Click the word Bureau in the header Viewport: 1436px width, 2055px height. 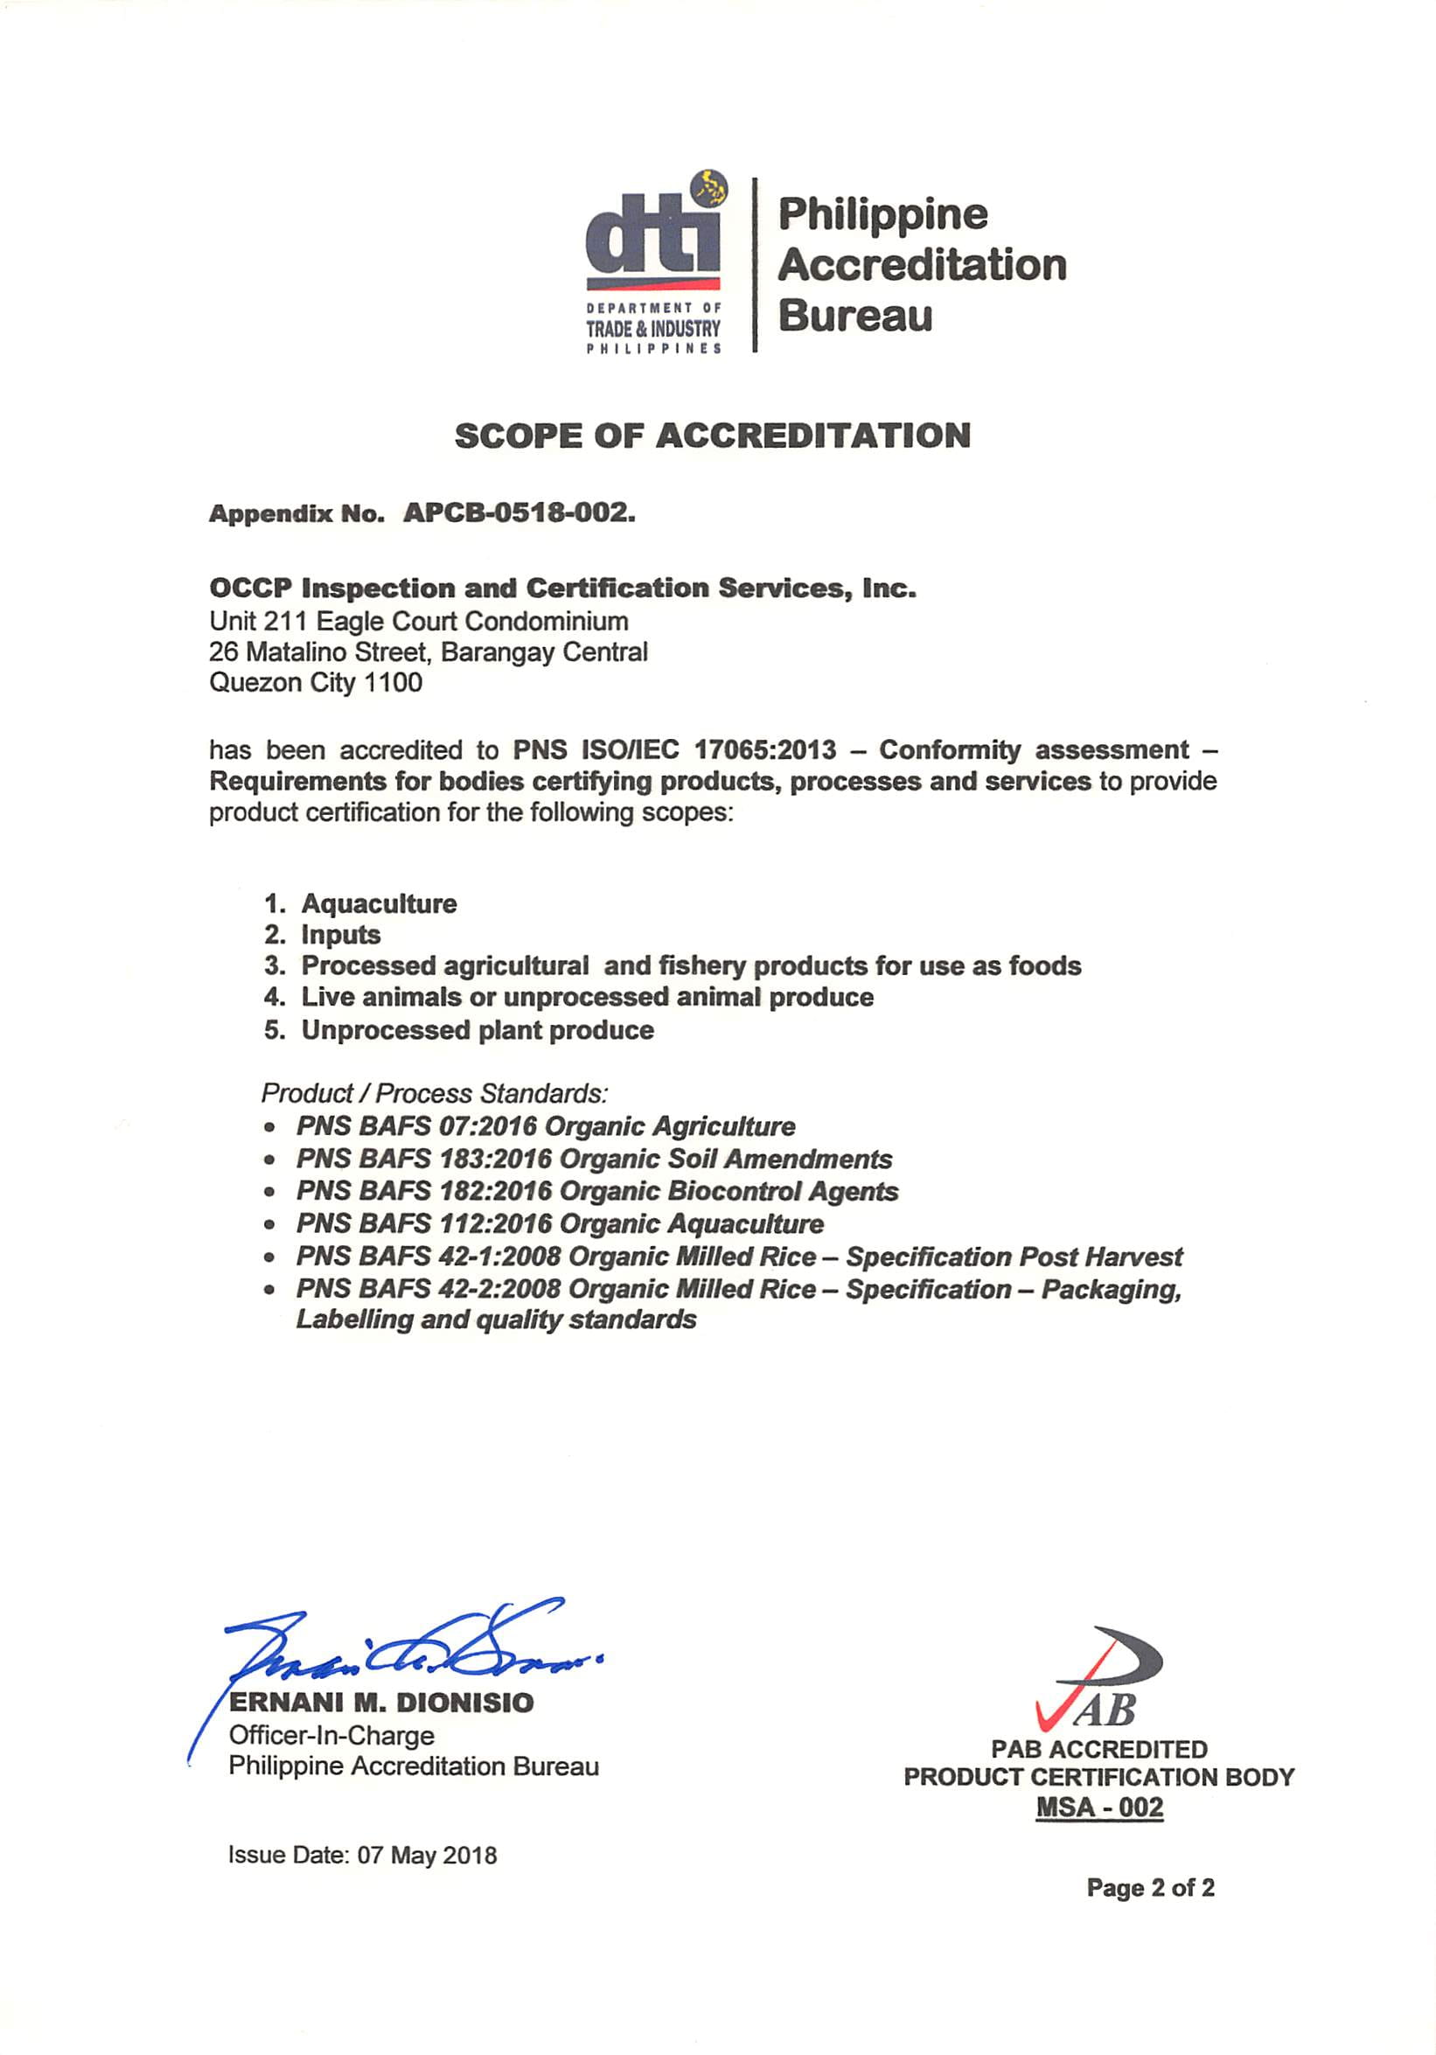point(855,316)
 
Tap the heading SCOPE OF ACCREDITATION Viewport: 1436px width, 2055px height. point(712,435)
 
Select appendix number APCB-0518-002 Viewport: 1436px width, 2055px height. point(519,512)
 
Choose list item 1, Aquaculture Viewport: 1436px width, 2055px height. point(379,903)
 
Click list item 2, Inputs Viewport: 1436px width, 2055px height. point(340,935)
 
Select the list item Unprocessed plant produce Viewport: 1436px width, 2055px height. point(478,1029)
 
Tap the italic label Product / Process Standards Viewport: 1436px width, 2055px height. point(434,1093)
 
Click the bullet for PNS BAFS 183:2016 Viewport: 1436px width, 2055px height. point(268,1160)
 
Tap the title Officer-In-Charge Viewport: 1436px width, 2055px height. point(331,1735)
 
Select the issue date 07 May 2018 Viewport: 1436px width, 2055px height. point(427,1855)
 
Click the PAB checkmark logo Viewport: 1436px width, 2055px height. point(1098,1679)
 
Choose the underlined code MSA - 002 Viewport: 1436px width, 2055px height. point(1099,1806)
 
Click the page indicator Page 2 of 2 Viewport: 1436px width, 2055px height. point(1150,1888)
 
